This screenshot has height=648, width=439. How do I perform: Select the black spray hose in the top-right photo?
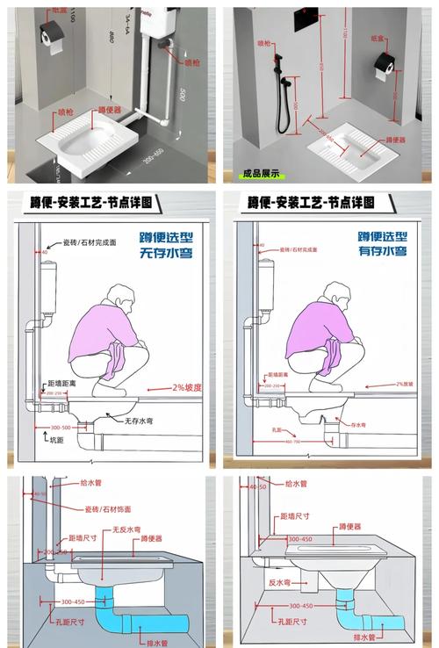coord(283,101)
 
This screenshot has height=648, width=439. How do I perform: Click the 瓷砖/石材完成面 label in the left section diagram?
coord(92,241)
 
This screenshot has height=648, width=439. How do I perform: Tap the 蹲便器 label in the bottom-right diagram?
coord(349,527)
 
